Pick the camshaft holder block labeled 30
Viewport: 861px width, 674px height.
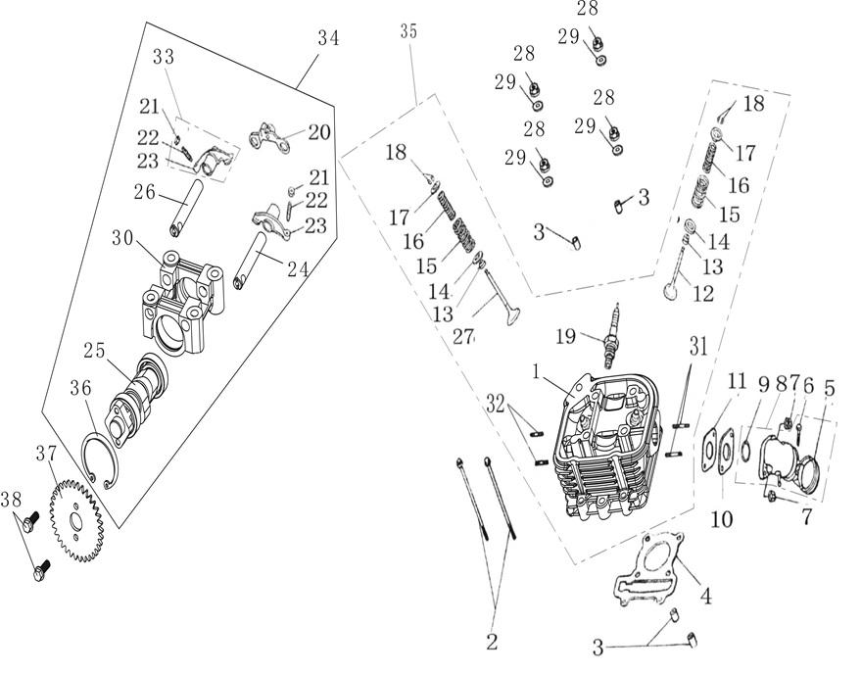coord(180,300)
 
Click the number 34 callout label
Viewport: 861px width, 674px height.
coord(328,39)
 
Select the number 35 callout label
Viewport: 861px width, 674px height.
coord(408,32)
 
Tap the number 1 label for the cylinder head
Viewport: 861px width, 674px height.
coord(536,373)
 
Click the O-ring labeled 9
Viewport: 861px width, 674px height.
coord(746,451)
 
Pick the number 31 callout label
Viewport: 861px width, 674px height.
coord(698,347)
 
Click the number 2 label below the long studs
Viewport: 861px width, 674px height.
coord(492,641)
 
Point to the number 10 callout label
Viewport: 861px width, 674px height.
coord(722,518)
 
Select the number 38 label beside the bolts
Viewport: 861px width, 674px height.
coord(11,500)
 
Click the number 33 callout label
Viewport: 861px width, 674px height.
coord(164,57)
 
